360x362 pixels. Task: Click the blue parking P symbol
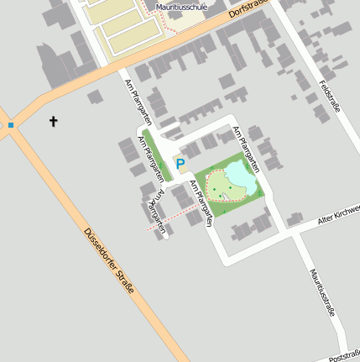pos(180,162)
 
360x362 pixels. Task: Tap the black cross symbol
pos(55,123)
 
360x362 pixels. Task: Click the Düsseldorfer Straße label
pos(109,260)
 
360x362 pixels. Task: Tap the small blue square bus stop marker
pos(11,125)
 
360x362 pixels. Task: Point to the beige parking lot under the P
pos(180,172)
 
